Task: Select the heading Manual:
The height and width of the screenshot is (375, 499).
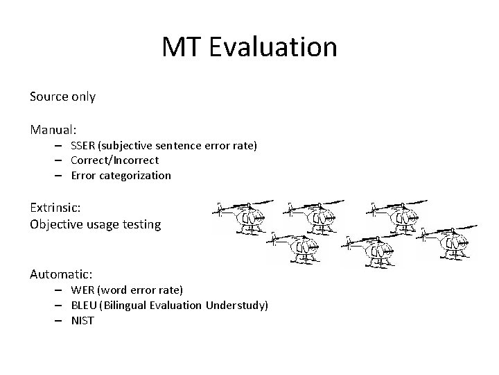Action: [x=53, y=129]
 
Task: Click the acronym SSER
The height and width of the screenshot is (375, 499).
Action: [x=83, y=145]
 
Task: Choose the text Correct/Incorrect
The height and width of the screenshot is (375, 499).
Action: [x=114, y=160]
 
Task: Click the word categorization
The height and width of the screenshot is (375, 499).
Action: [x=134, y=176]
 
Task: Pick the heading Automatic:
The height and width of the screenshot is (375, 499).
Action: [x=61, y=274]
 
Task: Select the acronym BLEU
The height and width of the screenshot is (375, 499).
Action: [x=84, y=305]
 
